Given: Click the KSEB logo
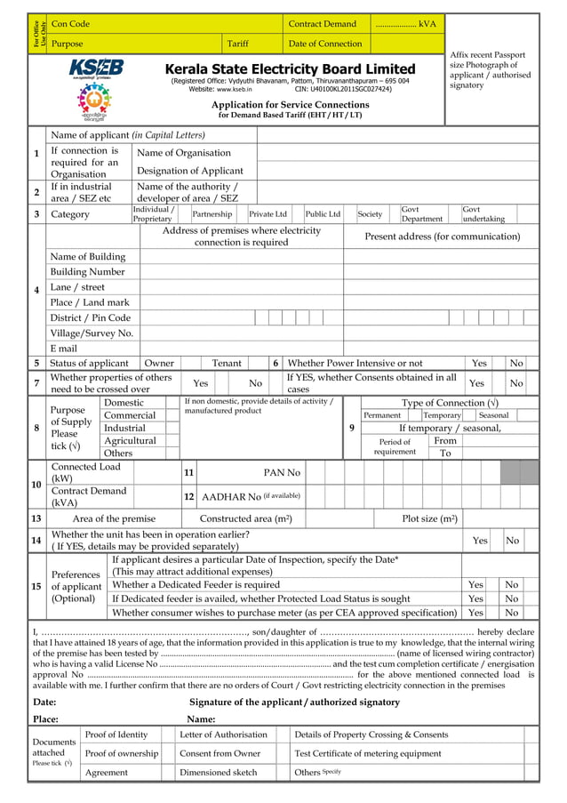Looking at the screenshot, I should [x=97, y=69].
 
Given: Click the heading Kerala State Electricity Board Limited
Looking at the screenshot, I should [x=290, y=69].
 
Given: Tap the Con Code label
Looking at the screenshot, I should [x=70, y=24].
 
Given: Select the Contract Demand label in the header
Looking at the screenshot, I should [x=322, y=24].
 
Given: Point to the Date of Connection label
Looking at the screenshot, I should [x=325, y=44].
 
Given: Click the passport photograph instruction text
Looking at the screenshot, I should [x=490, y=70].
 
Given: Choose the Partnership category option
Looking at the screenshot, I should [x=212, y=214].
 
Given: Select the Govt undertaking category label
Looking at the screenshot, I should [x=484, y=214].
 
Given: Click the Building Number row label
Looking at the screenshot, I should [x=88, y=272].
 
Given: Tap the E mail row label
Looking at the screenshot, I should [x=64, y=349].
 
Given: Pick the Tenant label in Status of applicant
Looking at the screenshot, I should [x=227, y=363].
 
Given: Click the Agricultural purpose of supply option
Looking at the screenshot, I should [x=130, y=441].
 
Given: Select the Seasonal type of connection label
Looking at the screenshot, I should [x=493, y=415].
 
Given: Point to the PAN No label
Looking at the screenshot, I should [x=282, y=472].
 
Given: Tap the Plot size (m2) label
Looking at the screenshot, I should [x=430, y=518].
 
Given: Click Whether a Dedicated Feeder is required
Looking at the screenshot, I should [x=196, y=585].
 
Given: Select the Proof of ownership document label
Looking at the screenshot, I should [x=122, y=753].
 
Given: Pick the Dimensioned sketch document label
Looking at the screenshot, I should [x=219, y=773].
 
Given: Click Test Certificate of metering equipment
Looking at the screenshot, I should [x=368, y=753].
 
